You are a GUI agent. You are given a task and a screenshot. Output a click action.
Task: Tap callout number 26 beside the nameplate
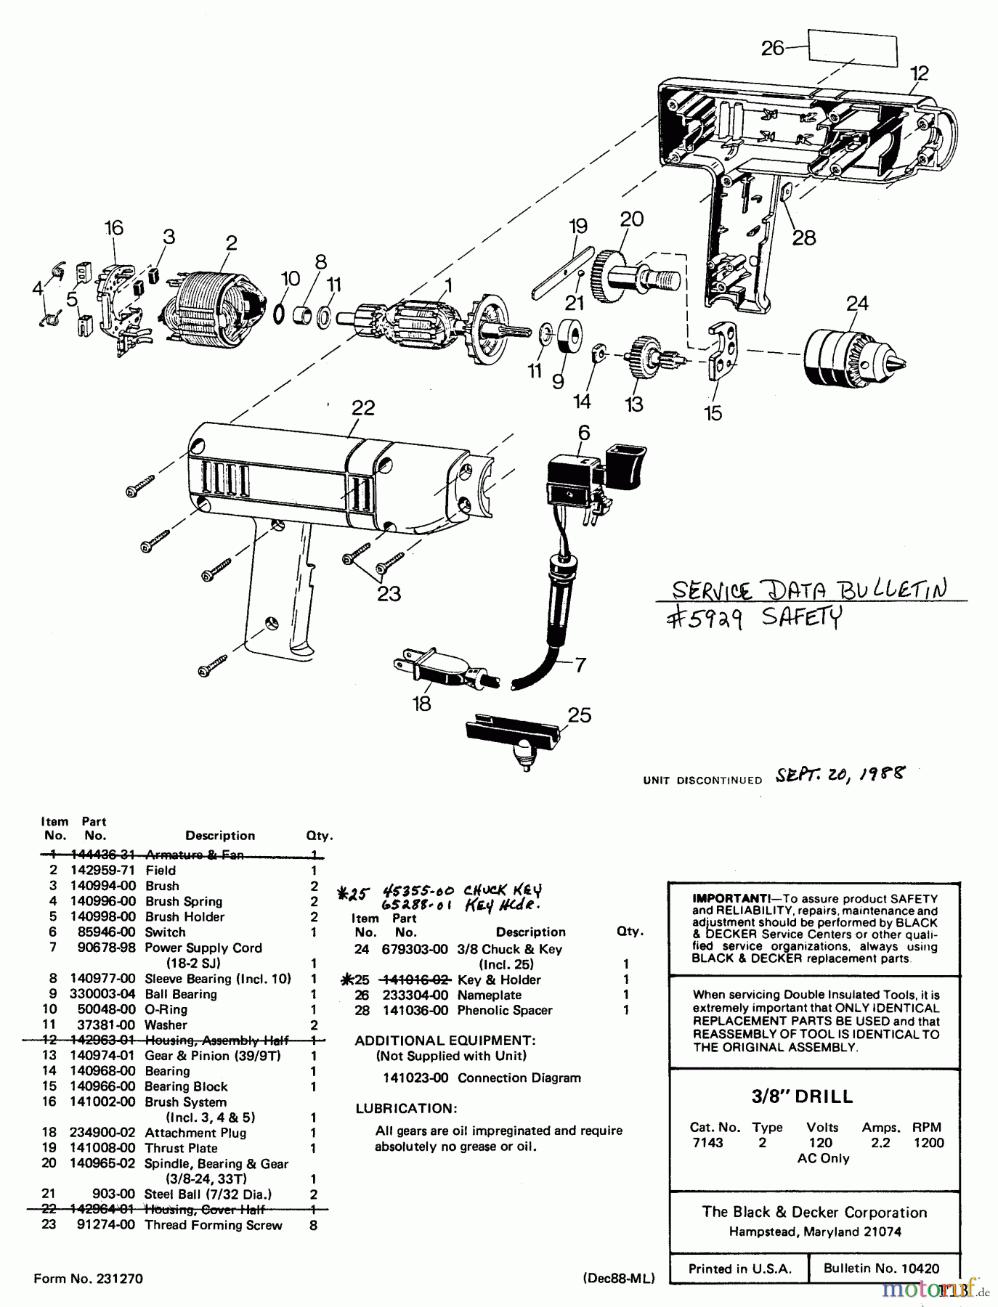[x=772, y=48]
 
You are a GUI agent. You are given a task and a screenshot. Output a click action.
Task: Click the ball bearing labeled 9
[x=569, y=341]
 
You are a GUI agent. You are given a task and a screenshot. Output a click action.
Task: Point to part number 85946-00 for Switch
[x=106, y=932]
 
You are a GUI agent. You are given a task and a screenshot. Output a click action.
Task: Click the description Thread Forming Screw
[x=214, y=1225]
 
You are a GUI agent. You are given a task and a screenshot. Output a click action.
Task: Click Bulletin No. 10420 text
[x=881, y=1269]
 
